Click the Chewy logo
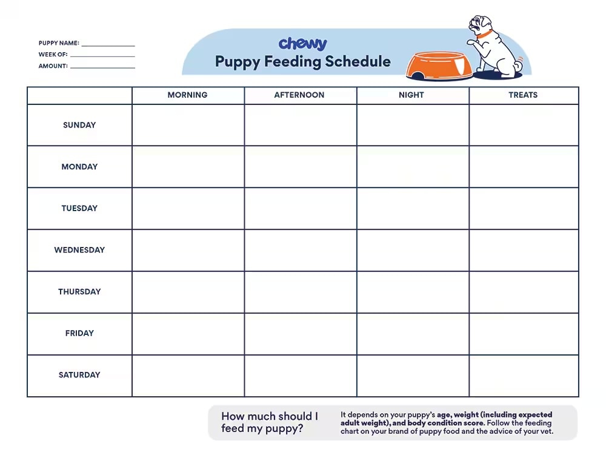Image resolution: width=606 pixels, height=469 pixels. click(302, 44)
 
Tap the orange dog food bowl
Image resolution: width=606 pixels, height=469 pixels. click(439, 66)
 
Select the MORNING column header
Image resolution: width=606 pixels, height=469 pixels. click(187, 95)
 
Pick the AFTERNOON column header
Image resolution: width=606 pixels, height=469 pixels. click(299, 95)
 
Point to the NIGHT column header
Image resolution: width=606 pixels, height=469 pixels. click(411, 95)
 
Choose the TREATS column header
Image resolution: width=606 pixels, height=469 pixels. click(523, 95)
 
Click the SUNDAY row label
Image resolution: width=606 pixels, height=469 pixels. click(79, 125)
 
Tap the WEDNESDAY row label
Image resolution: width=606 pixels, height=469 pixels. click(79, 250)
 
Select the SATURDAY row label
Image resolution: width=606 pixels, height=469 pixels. click(79, 375)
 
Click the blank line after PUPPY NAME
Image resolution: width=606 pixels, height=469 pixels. click(108, 46)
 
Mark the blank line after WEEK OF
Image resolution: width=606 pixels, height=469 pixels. click(102, 56)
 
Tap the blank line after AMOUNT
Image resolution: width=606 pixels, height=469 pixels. click(102, 67)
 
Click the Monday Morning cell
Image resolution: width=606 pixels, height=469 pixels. click(188, 167)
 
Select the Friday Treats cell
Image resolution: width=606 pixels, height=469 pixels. click(524, 334)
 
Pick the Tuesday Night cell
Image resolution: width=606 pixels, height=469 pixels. click(412, 209)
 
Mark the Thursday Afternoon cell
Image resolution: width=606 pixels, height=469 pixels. click(300, 292)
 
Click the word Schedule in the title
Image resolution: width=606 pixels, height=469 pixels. click(358, 61)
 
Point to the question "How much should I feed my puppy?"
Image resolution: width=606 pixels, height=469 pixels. click(269, 423)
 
